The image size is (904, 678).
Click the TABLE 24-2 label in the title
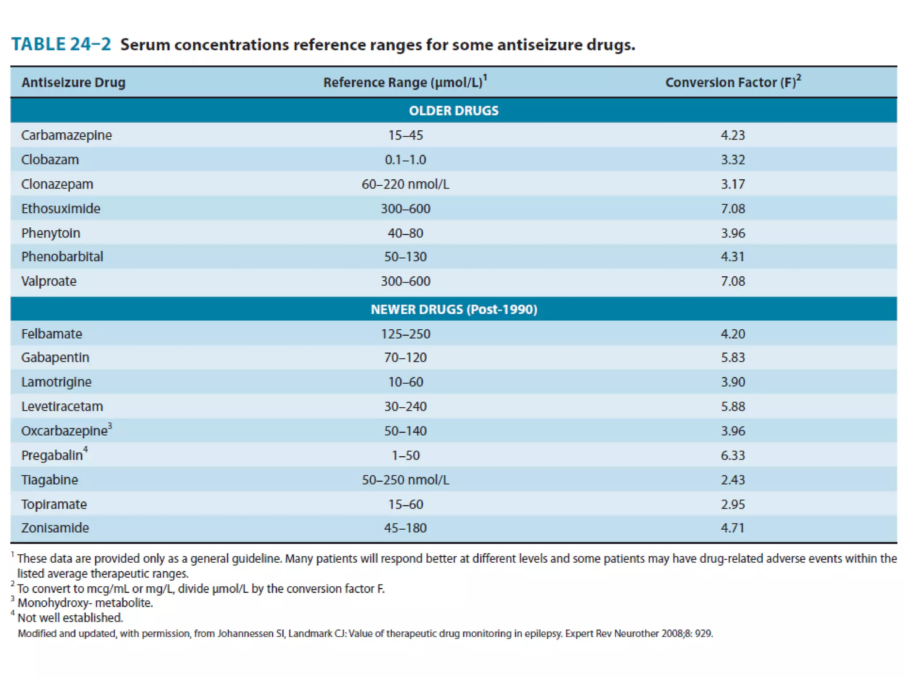click(61, 45)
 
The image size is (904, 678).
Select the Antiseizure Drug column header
click(73, 83)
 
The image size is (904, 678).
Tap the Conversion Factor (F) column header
click(730, 83)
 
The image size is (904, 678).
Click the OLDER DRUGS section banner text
click(453, 110)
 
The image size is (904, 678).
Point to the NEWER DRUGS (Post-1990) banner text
click(453, 309)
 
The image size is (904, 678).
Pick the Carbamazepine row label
click(66, 135)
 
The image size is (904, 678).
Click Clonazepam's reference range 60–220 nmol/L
click(405, 184)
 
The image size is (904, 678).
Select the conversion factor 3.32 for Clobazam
click(733, 160)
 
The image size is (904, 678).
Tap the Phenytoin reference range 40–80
click(405, 233)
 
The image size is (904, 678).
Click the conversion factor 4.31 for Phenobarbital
click(733, 256)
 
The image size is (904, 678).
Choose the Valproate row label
click(49, 281)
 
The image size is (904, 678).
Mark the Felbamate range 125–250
click(405, 334)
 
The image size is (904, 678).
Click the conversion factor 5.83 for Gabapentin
click(733, 357)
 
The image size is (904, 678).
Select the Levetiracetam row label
click(62, 406)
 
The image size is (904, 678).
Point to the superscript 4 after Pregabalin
click(86, 449)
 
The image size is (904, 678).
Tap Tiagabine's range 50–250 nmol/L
click(405, 480)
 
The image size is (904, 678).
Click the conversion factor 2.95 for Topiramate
click(733, 504)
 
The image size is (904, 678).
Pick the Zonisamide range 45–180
click(405, 528)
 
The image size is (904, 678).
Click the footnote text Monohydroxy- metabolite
click(85, 603)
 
